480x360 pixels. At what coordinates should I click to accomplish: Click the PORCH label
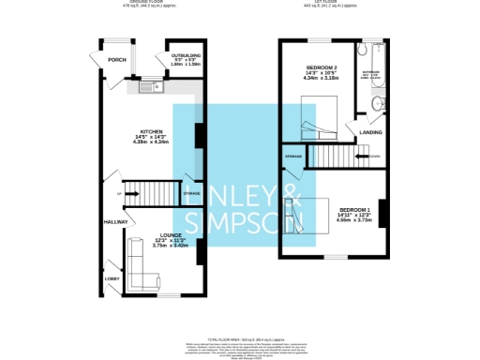117,59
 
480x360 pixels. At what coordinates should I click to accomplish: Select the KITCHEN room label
153,131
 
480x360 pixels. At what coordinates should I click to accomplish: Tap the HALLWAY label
115,222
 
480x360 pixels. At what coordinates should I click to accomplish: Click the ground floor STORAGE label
191,193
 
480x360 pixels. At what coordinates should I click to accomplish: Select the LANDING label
369,132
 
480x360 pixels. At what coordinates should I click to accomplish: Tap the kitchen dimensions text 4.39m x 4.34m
153,142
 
